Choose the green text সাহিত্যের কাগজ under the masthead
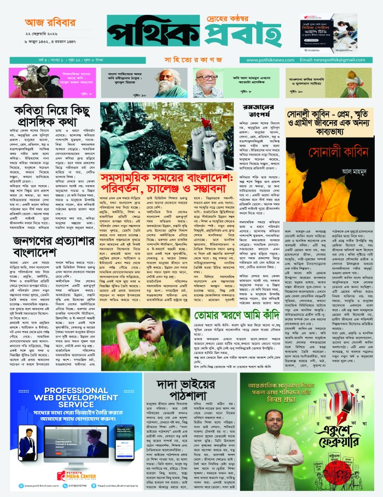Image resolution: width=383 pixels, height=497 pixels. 191,60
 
